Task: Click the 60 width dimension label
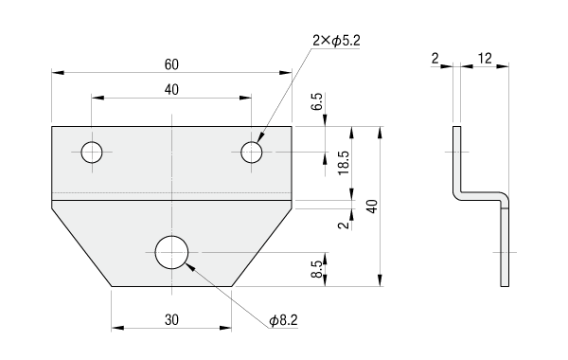pyautogui.click(x=171, y=64)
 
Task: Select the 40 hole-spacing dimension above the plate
pyautogui.click(x=171, y=90)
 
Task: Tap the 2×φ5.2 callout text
pyautogui.click(x=336, y=41)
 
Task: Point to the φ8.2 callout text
pyautogui.click(x=283, y=320)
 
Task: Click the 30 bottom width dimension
pyautogui.click(x=171, y=320)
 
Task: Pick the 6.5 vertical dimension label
pyautogui.click(x=316, y=102)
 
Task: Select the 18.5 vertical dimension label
pyautogui.click(x=344, y=163)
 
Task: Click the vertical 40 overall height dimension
pyautogui.click(x=372, y=207)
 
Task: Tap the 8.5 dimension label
pyautogui.click(x=316, y=269)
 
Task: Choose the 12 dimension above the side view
pyautogui.click(x=485, y=58)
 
